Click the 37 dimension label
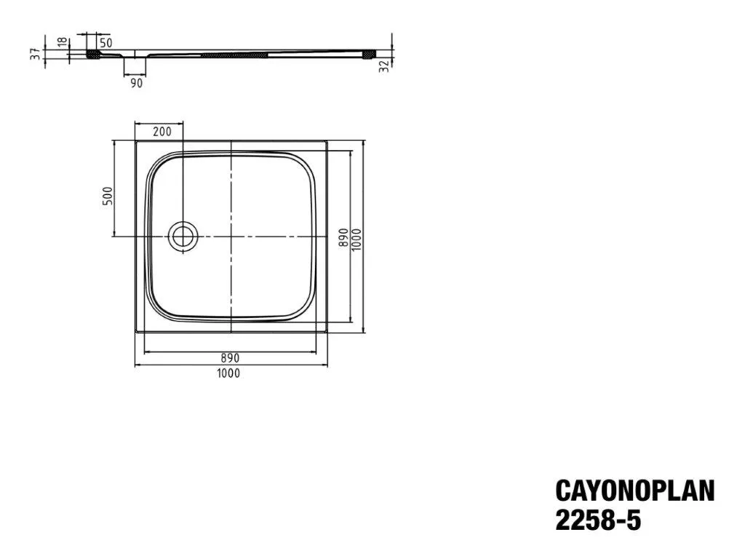click(x=34, y=54)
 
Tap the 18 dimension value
click(x=63, y=42)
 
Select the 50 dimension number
click(x=105, y=43)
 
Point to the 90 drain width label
click(x=136, y=83)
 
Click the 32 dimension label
click(x=383, y=65)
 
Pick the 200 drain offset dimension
click(x=162, y=132)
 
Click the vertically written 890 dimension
click(x=343, y=237)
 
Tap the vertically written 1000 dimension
click(x=356, y=237)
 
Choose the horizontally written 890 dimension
click(x=230, y=358)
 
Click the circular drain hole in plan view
click(x=183, y=236)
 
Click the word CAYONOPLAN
click(x=634, y=491)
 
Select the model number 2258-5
click(x=598, y=521)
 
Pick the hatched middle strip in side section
click(x=237, y=54)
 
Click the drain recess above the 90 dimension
click(x=136, y=54)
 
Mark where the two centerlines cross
click(x=231, y=236)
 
